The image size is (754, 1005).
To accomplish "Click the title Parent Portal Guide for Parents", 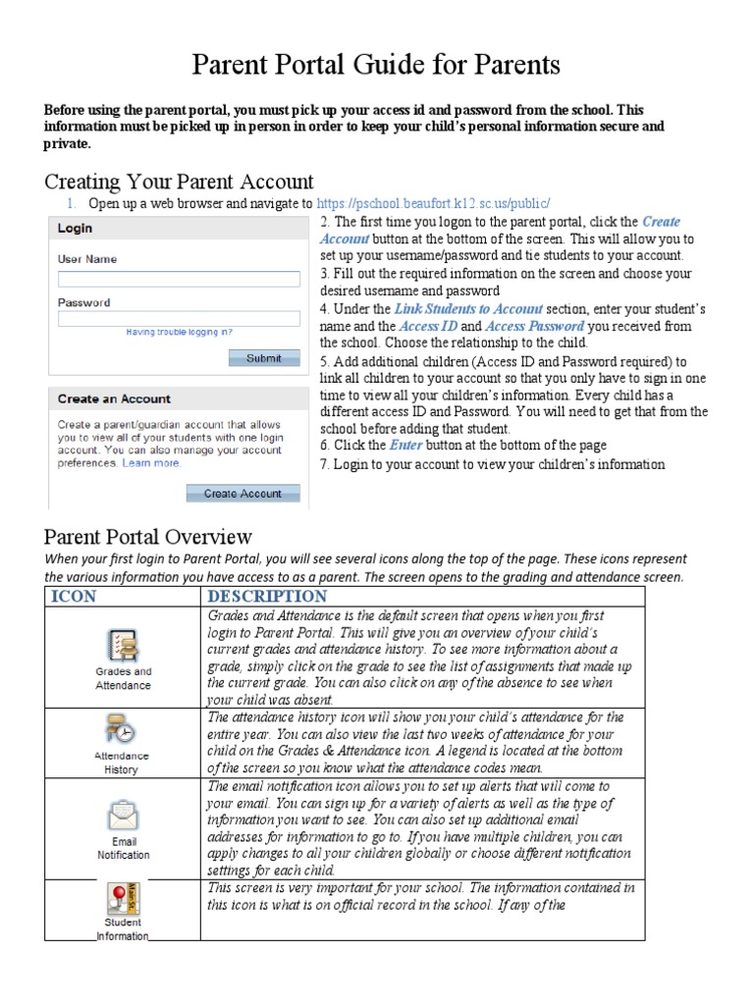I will click(x=377, y=66).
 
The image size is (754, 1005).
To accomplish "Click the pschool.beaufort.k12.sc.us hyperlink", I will click(x=434, y=203).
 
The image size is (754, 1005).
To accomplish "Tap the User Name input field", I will click(x=178, y=279).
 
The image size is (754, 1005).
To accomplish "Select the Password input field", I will click(x=178, y=319).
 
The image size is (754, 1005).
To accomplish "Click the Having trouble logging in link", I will click(x=179, y=333).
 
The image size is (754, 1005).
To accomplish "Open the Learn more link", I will click(x=151, y=463).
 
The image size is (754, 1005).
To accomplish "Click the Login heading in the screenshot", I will click(x=75, y=229).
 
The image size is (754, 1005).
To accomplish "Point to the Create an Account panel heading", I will click(x=114, y=399).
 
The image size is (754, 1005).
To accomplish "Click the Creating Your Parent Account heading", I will click(x=179, y=182).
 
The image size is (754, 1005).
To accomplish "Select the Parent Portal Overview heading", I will click(x=148, y=537).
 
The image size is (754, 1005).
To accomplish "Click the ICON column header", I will click(x=74, y=597).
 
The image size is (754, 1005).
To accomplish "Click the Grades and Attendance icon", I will click(x=123, y=646).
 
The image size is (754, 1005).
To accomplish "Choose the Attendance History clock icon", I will click(x=123, y=731).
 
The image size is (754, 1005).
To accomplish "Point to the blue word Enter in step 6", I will click(x=405, y=445).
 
